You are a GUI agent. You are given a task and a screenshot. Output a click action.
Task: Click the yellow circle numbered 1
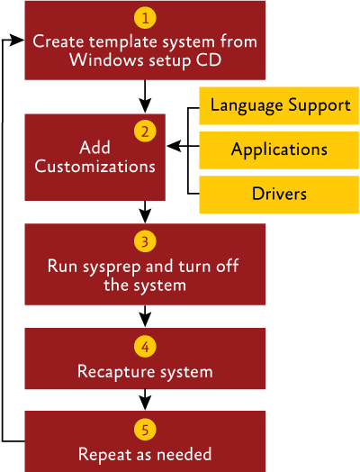(145, 18)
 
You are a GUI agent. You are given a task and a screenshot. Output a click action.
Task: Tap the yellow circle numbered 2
(145, 132)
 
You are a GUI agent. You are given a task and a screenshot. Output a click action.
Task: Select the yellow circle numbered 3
(145, 241)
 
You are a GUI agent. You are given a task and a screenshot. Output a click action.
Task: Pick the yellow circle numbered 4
(145, 347)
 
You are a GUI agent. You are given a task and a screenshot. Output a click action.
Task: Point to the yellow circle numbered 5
(145, 430)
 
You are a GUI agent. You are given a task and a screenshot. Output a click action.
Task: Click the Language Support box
(279, 105)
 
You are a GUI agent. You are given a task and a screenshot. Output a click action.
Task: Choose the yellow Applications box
(279, 150)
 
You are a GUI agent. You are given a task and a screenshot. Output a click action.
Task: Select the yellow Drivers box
(279, 195)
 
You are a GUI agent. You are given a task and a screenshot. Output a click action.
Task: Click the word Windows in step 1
(107, 59)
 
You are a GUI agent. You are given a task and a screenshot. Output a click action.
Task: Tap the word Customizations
(95, 166)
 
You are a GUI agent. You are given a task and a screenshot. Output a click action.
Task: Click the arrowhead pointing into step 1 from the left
(16, 40)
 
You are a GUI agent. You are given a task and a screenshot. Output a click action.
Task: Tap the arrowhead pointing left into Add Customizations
(174, 146)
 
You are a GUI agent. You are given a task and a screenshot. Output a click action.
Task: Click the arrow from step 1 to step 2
(145, 96)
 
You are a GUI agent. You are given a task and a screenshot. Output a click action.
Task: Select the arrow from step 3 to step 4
(145, 316)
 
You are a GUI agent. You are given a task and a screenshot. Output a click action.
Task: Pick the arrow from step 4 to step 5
(145, 399)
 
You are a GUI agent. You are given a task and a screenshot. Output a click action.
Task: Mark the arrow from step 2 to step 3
(145, 212)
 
